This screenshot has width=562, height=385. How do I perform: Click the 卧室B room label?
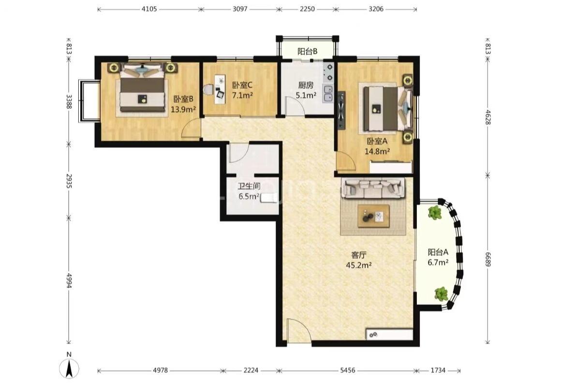[183, 99]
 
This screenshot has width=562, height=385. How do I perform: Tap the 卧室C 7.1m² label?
[242, 90]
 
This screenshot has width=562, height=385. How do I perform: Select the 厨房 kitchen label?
[306, 85]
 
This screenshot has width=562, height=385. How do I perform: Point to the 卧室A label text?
[377, 141]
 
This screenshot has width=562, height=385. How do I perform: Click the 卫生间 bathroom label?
[249, 186]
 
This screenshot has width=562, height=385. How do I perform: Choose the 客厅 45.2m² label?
[358, 260]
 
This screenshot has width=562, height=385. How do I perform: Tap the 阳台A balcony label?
[438, 252]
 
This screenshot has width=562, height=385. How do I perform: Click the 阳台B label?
[308, 52]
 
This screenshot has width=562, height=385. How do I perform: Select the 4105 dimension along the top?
[149, 9]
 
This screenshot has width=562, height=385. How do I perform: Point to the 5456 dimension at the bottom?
[348, 371]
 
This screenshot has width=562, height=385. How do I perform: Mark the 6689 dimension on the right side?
[488, 259]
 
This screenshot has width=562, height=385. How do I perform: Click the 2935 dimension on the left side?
[69, 181]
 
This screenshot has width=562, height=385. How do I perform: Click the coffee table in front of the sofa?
[374, 216]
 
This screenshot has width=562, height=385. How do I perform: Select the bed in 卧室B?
[142, 89]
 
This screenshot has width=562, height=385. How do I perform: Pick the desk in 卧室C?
[220, 89]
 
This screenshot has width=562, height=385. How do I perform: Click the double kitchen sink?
[327, 93]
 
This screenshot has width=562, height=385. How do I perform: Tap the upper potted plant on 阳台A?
[435, 213]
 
